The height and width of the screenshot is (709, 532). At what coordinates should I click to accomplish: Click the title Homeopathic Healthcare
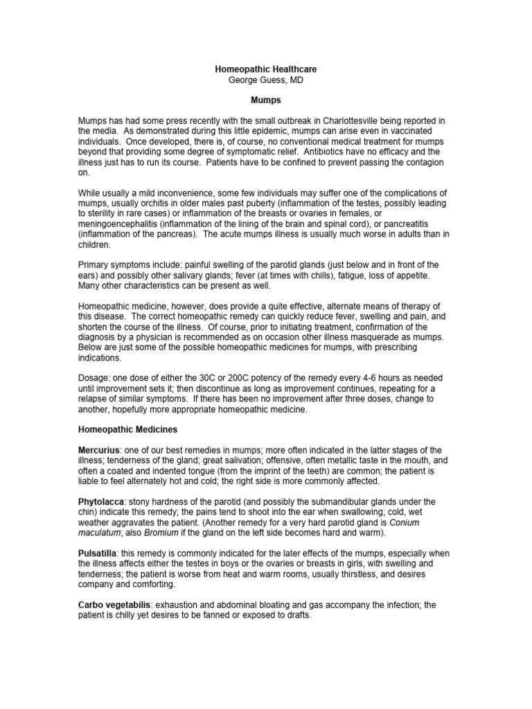pos(266,70)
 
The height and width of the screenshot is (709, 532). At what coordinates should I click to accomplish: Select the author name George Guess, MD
pos(266,80)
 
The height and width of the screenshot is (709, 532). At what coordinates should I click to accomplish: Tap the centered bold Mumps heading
pos(266,100)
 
